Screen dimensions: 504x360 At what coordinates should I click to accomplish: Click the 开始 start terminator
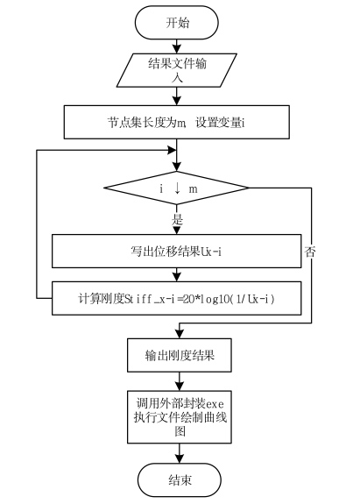[178, 22]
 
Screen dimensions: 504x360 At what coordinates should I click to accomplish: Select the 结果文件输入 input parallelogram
[178, 69]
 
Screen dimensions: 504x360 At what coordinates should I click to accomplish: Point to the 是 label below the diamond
[178, 220]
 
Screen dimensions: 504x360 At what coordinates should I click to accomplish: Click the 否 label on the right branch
[310, 252]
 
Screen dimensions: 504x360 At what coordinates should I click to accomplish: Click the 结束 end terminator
[178, 480]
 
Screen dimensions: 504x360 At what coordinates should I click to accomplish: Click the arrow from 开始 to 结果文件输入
[178, 45]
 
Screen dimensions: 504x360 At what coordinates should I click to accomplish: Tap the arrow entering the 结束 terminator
[178, 451]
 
